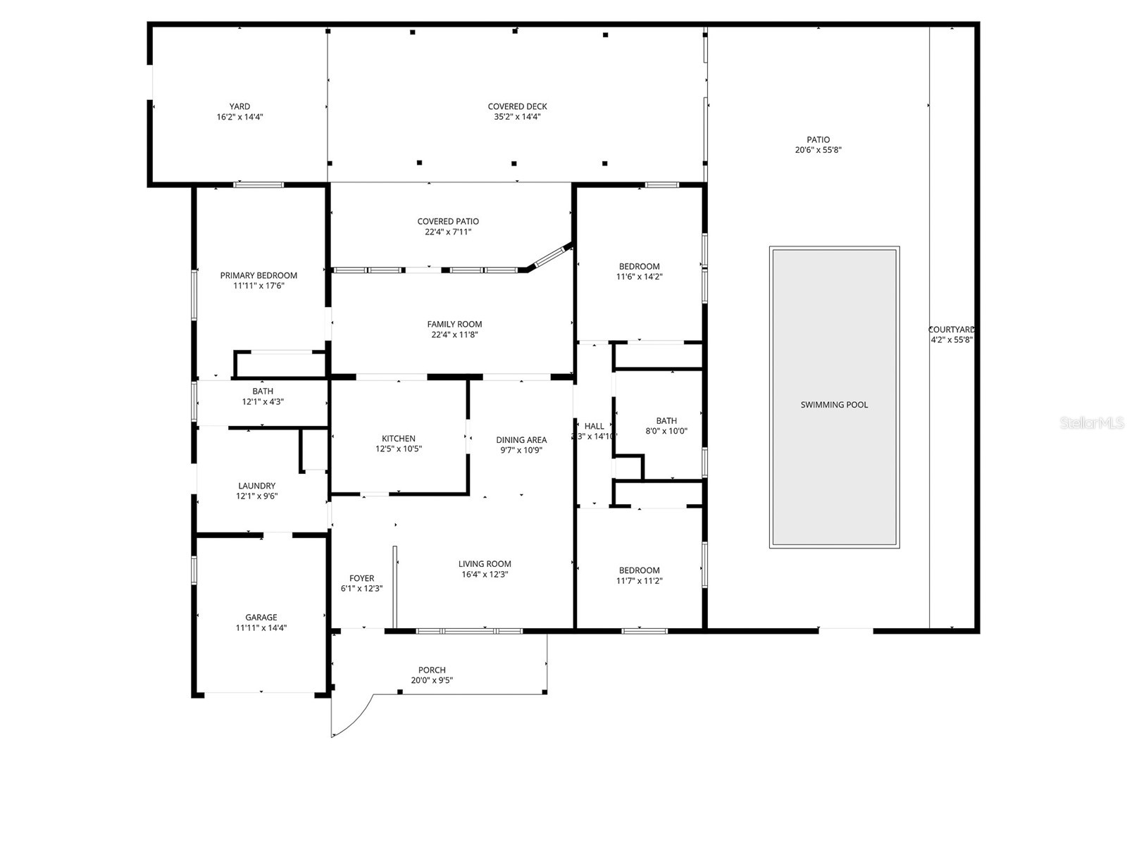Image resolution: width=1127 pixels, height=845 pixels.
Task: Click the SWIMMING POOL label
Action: pos(834,405)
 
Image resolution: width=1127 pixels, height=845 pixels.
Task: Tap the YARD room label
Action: pos(239,107)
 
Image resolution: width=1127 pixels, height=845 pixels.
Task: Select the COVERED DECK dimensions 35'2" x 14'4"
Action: pos(517,118)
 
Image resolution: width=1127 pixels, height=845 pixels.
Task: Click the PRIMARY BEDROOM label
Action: pos(259,275)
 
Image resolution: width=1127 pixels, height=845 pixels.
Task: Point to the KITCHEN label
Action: pos(399,439)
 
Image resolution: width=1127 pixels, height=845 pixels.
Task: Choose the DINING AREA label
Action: pos(521,440)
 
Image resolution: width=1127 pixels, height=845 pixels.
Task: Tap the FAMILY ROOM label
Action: pos(454,325)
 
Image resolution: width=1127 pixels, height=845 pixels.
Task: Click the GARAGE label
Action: pos(261,618)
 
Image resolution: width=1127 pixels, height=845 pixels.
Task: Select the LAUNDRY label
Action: pos(256,486)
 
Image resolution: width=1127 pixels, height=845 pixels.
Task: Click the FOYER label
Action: pos(362,579)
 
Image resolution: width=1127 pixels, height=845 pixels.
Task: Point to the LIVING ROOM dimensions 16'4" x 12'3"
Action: pos(485,575)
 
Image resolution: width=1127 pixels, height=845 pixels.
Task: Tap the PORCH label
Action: pos(432,670)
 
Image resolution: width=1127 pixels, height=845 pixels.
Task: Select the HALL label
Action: pos(594,426)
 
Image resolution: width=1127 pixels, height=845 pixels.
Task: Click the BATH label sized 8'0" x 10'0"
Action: pos(666,421)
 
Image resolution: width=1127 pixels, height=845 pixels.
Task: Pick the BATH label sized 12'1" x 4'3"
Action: pos(263,392)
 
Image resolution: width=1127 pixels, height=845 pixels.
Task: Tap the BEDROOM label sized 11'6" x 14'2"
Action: pos(639,266)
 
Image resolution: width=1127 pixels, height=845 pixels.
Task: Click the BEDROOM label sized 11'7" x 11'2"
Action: pos(639,570)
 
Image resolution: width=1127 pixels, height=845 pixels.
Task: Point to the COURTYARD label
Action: pos(951,330)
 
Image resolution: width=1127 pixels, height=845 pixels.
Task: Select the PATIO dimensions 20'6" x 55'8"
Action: pos(818,150)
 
